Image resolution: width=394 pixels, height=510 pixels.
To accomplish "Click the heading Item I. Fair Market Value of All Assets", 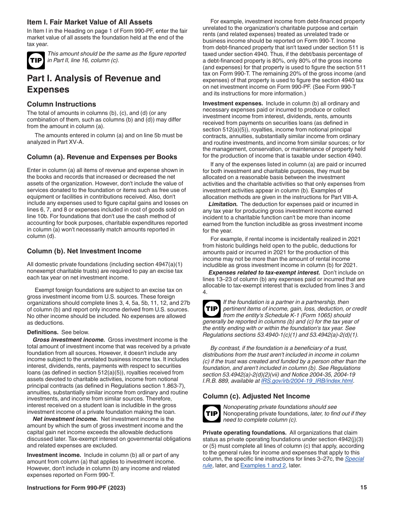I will point(90,22).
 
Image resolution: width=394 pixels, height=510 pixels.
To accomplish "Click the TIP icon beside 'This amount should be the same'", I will point(36,60).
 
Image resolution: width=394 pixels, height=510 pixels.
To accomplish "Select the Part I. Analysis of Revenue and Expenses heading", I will point(94,84).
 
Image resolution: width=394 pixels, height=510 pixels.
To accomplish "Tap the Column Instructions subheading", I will point(61,104).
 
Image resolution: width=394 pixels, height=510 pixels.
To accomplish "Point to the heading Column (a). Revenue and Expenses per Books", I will point(102,157).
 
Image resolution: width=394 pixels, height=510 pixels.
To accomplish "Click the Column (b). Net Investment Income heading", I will point(84,251).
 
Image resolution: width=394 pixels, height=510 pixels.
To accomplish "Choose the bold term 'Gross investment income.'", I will point(69,340).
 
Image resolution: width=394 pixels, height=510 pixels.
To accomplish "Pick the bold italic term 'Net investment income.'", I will point(65,419).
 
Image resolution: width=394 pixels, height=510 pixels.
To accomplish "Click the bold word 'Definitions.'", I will point(43,332).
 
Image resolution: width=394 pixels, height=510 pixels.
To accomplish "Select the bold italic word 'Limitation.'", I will point(223,204).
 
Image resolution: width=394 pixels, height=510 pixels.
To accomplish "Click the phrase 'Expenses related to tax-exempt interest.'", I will point(264,272).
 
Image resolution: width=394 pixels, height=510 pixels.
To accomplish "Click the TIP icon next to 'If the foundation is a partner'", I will point(212,308).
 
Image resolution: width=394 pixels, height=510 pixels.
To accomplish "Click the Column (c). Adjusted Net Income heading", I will point(256,396).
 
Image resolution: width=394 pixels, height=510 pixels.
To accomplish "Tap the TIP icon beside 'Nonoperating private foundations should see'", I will point(212,413).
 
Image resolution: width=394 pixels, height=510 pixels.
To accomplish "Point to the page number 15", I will point(363,488).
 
